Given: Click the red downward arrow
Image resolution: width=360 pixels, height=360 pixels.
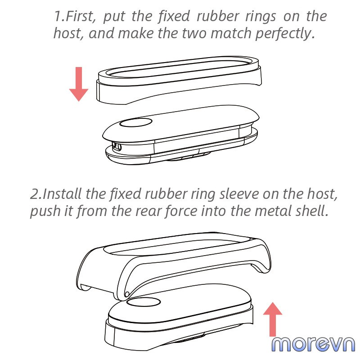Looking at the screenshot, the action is tap(79, 84).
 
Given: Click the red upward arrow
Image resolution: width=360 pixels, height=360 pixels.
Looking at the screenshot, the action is tap(273, 319).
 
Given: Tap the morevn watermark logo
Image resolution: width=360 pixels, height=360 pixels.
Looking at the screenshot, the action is tap(313, 344).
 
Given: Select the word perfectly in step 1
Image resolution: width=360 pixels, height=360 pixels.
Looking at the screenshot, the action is tap(285, 34).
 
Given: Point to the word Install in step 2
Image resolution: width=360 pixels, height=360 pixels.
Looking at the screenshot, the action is tap(62, 194).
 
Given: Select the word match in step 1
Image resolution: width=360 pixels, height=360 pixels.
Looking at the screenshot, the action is tap(231, 33).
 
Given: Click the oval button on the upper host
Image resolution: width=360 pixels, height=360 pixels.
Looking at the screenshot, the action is tap(136, 122).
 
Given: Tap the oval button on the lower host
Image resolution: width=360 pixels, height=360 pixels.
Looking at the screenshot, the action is tap(143, 302).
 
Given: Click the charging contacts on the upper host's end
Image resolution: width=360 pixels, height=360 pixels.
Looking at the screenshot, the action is tap(117, 147).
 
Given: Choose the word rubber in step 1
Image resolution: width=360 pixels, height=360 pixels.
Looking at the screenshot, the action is tap(218, 17).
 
